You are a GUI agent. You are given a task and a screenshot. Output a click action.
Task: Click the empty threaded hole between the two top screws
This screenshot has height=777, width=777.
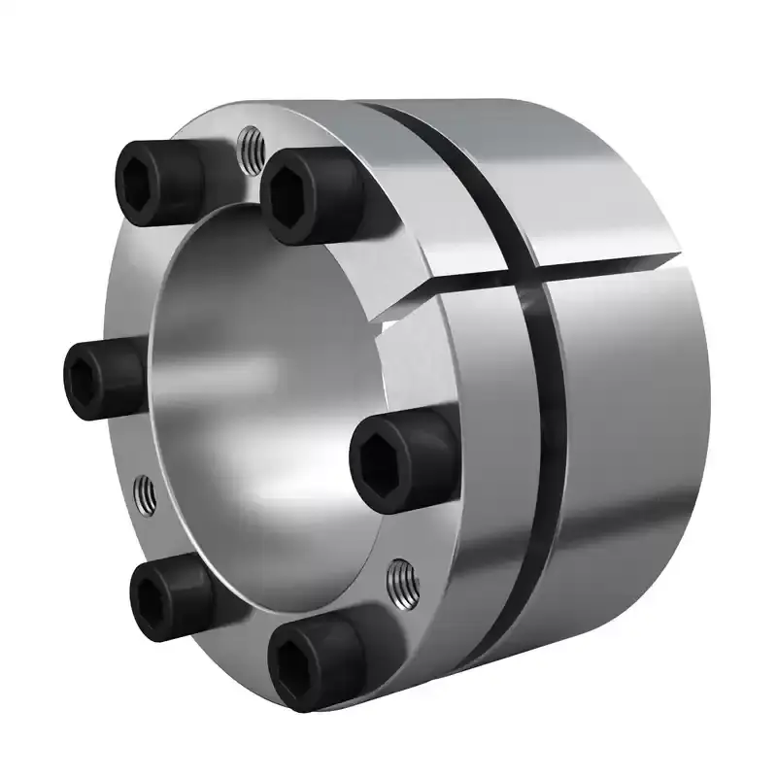(x=251, y=147)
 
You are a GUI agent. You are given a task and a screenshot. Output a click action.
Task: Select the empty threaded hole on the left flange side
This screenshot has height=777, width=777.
(x=144, y=496)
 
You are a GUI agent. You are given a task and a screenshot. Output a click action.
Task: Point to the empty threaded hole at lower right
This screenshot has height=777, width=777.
(x=401, y=582)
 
